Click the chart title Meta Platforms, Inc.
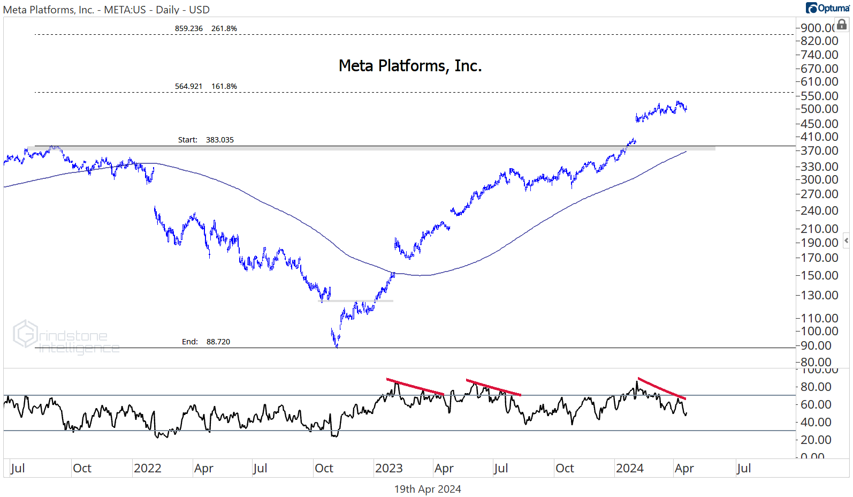coord(410,66)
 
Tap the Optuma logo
coord(828,8)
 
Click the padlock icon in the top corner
coord(842,24)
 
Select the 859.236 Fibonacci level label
coord(189,28)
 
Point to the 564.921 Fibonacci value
coord(189,86)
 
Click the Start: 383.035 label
coord(206,140)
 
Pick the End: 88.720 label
coord(206,342)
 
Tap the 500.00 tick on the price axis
coord(819,109)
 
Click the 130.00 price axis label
coord(819,295)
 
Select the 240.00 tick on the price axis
coord(819,210)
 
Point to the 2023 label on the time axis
coord(389,469)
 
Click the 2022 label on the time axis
coord(148,469)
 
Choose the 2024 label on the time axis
coord(630,469)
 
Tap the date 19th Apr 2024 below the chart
coord(428,489)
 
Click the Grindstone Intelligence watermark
coord(66,338)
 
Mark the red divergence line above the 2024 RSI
coord(661,389)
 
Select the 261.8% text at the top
coord(224,28)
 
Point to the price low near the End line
coord(337,345)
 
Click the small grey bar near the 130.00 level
coord(357,301)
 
